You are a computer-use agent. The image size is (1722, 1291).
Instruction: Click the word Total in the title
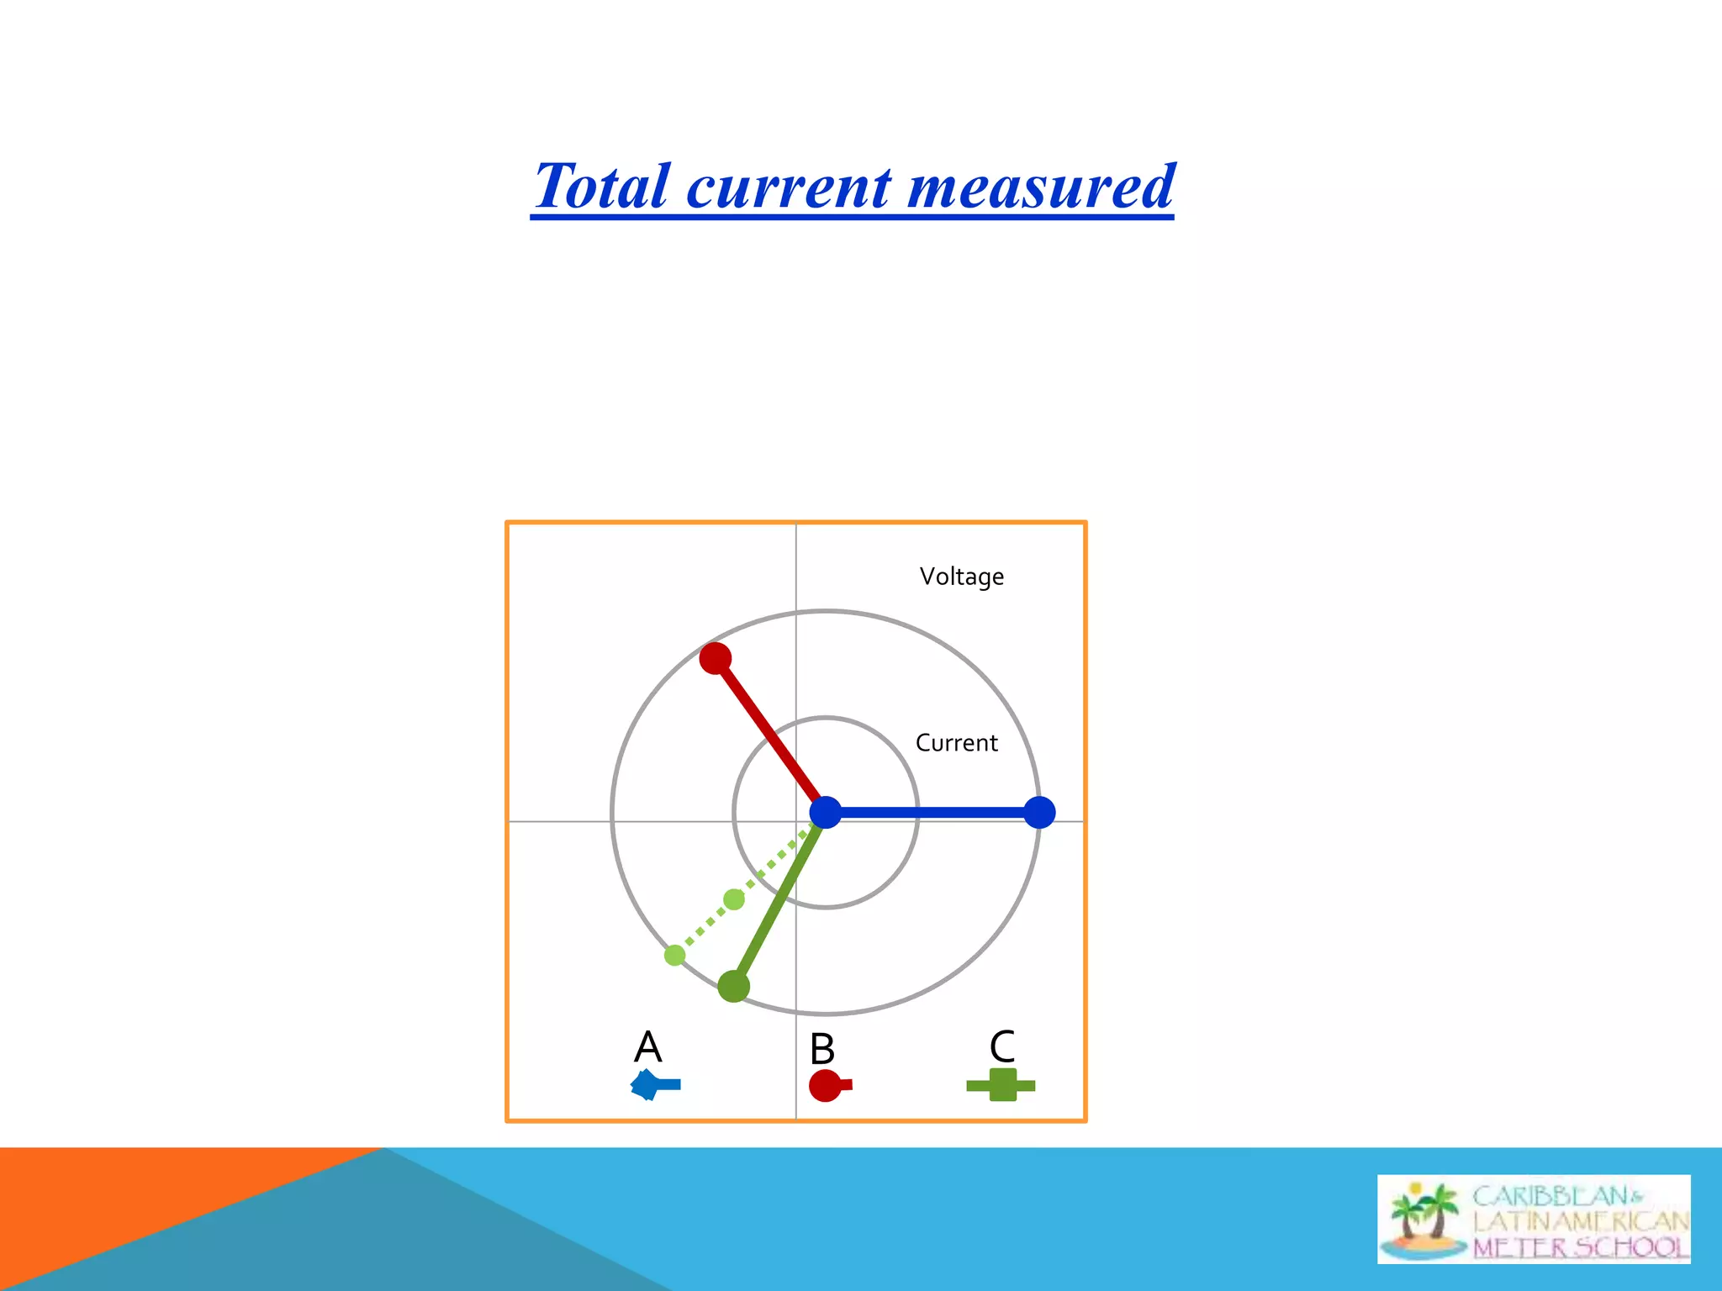click(x=602, y=186)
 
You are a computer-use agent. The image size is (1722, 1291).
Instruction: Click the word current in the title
click(x=789, y=186)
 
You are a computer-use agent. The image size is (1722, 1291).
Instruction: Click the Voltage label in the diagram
click(x=961, y=577)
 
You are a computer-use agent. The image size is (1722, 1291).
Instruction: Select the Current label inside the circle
click(x=956, y=743)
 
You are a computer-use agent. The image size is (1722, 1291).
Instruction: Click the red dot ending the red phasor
click(x=716, y=658)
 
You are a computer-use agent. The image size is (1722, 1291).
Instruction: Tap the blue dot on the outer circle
click(x=1040, y=813)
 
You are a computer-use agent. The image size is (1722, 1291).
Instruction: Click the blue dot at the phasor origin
click(x=826, y=813)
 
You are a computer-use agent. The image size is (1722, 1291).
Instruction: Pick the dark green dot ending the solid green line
click(x=734, y=986)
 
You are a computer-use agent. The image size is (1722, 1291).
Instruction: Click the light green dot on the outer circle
click(x=674, y=955)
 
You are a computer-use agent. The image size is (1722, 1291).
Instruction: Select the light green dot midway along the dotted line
click(x=734, y=899)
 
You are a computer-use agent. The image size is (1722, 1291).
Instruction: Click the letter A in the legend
click(x=647, y=1047)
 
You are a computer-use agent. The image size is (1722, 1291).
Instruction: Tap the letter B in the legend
click(x=822, y=1049)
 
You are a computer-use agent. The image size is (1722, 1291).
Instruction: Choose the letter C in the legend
click(x=1002, y=1047)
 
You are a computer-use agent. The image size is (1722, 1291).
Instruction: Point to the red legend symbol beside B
click(x=827, y=1085)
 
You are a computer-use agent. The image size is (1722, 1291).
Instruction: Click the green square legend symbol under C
click(x=1001, y=1085)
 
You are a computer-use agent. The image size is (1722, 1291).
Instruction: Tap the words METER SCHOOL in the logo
click(x=1580, y=1246)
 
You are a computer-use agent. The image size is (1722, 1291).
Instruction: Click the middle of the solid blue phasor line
click(x=933, y=813)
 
